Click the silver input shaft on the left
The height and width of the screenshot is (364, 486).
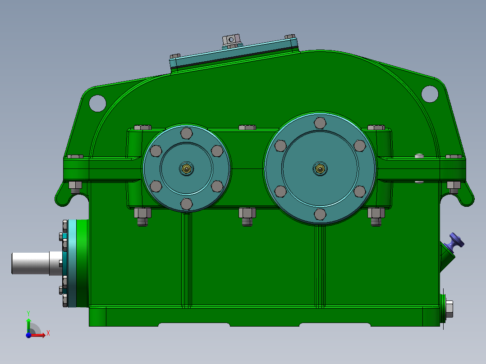[x=32, y=264]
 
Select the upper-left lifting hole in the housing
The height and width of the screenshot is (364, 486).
[x=97, y=103]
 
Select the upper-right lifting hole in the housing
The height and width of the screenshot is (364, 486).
[x=430, y=93]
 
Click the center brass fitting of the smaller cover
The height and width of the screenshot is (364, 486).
[x=186, y=169]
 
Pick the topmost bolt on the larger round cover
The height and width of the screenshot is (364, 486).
[x=320, y=123]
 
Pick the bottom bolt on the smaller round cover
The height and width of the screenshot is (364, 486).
[x=186, y=204]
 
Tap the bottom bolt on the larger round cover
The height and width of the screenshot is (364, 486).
[x=320, y=214]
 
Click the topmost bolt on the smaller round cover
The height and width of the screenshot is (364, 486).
[x=186, y=133]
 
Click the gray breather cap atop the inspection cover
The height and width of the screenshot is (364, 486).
[x=232, y=41]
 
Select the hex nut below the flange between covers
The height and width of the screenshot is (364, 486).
[x=247, y=213]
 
